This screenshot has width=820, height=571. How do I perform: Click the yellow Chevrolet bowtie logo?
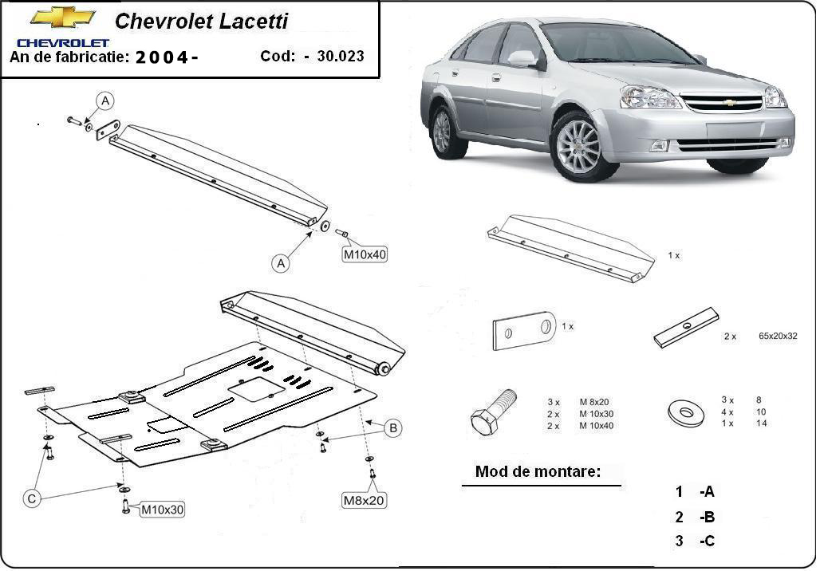point(62,17)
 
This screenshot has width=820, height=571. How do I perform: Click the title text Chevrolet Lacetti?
point(201,22)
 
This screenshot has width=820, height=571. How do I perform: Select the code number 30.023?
point(340,56)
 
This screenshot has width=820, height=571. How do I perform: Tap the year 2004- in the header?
point(167,57)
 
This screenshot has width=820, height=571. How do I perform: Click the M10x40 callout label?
point(365,254)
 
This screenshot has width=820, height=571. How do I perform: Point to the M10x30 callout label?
point(163,510)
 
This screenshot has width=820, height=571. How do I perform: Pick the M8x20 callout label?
point(364,500)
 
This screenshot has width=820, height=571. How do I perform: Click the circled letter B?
point(392,428)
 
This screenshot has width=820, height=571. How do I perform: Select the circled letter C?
point(32,498)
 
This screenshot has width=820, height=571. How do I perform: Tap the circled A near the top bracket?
point(105,100)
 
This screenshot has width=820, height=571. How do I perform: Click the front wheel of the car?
point(577,147)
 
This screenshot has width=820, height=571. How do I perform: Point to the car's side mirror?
point(522,58)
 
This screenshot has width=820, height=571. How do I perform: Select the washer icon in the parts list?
point(685,412)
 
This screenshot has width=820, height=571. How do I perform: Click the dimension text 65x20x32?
point(778,336)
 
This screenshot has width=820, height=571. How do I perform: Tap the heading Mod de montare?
point(537,471)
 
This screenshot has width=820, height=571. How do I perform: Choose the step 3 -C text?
point(694,541)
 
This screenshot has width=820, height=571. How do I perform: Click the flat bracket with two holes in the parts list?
point(524,329)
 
